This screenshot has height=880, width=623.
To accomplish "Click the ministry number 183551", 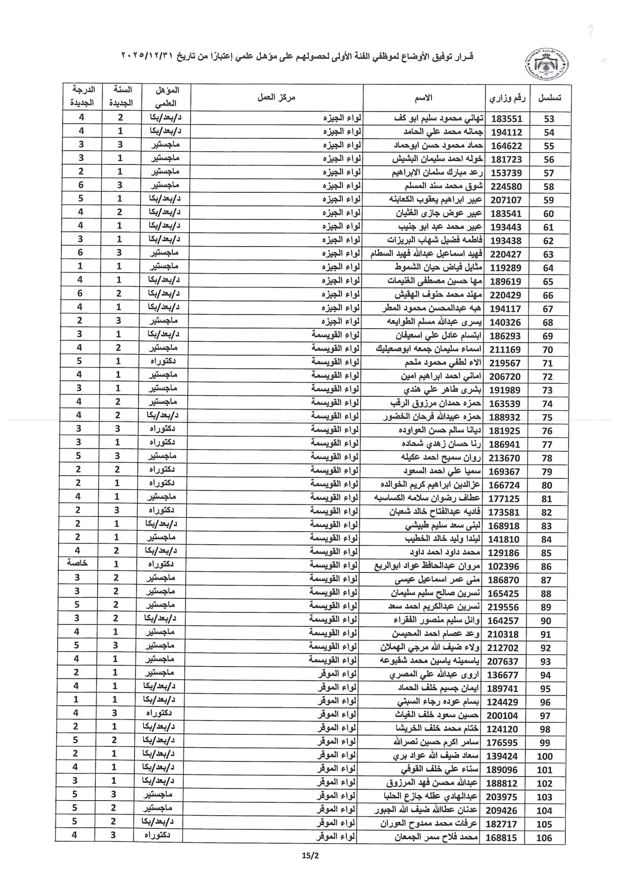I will tap(506, 119).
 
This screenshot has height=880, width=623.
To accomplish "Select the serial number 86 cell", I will tap(546, 566).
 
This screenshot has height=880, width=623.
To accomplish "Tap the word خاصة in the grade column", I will tap(78, 563).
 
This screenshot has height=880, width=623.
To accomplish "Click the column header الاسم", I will tap(423, 98).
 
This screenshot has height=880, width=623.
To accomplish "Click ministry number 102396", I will tap(503, 566).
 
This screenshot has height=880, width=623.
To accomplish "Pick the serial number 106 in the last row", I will tap(544, 838).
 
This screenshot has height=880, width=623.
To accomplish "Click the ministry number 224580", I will tap(506, 187).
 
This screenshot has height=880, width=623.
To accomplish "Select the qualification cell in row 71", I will tap(163, 361).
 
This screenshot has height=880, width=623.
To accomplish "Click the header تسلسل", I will tap(549, 98).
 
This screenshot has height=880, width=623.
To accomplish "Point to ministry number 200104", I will tap(502, 716).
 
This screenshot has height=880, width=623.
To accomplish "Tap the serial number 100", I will tap(545, 756).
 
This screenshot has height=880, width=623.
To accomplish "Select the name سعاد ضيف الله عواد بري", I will tap(435, 756).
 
